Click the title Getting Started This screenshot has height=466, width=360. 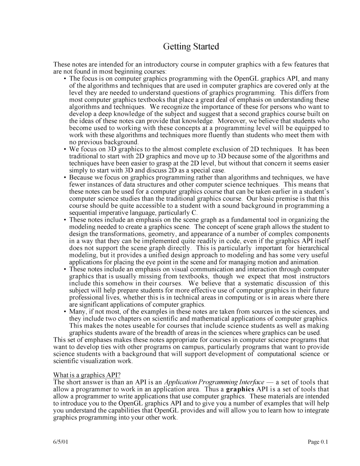191,47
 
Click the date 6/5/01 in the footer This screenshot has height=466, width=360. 61,442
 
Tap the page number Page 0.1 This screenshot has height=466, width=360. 318,442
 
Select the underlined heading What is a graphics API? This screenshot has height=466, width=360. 87,375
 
